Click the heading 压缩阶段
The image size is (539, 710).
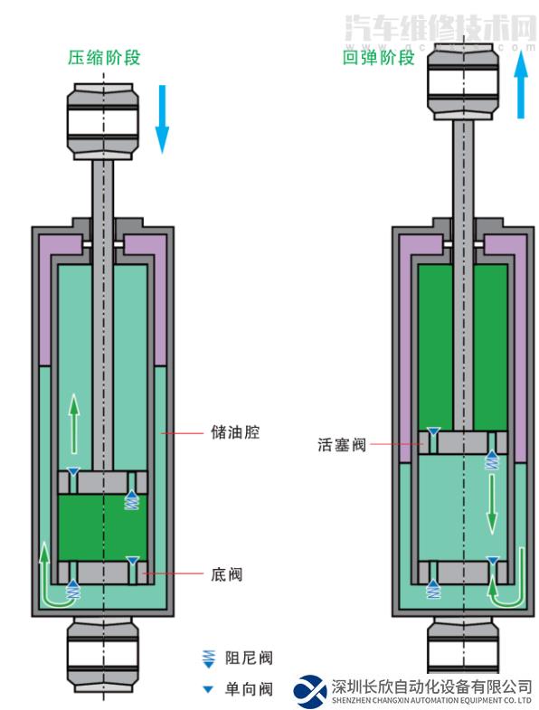pyautogui.click(x=104, y=59)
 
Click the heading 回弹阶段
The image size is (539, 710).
pyautogui.click(x=378, y=59)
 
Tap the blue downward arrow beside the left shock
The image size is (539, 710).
pyautogui.click(x=162, y=118)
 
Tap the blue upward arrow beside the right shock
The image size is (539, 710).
pyautogui.click(x=522, y=86)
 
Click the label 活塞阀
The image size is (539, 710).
pyautogui.click(x=341, y=445)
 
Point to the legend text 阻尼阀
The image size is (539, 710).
pyautogui.click(x=248, y=658)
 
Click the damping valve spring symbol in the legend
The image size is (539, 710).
pyautogui.click(x=209, y=658)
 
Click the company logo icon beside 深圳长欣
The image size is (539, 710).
pyautogui.click(x=310, y=692)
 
